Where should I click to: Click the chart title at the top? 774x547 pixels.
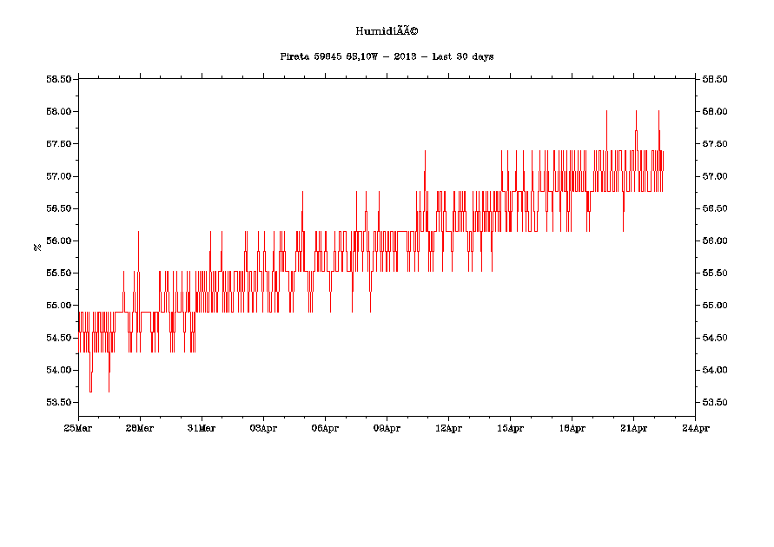(387, 31)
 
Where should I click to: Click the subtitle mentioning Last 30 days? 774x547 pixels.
(387, 56)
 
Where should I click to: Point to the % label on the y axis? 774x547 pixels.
(37, 247)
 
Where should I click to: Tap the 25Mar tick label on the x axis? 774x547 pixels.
(78, 428)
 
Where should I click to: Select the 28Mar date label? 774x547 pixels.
(140, 428)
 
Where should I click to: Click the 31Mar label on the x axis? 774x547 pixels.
(202, 428)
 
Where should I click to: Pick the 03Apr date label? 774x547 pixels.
(263, 428)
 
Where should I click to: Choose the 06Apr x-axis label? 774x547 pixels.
(325, 428)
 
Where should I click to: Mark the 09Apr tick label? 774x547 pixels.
(387, 428)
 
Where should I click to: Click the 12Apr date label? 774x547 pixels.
(448, 428)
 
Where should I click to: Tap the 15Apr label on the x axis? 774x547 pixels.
(510, 428)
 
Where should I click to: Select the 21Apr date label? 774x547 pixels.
(633, 428)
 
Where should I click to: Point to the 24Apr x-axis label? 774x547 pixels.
(695, 428)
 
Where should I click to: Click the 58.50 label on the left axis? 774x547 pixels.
(58, 80)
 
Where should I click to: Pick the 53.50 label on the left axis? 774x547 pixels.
(58, 403)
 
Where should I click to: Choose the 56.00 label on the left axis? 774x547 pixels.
(58, 241)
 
